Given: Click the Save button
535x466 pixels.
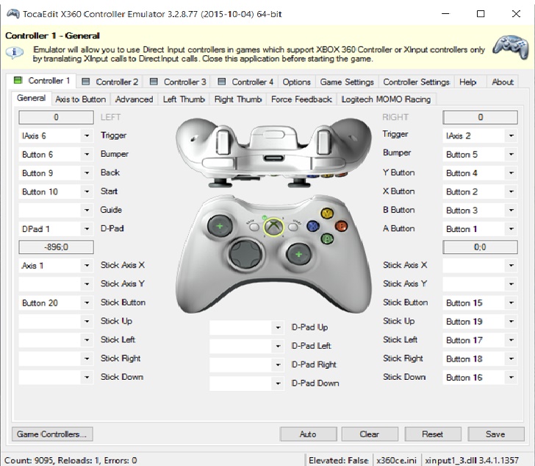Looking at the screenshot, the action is [495, 434].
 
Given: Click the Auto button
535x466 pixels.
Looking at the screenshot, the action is [308, 434].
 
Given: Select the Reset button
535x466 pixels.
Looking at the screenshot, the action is [433, 434].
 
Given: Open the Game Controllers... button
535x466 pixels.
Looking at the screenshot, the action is [52, 434].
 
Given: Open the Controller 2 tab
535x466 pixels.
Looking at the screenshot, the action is [110, 82].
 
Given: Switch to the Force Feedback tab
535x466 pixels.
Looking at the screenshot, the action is [301, 99].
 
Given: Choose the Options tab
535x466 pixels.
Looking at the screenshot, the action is [296, 82].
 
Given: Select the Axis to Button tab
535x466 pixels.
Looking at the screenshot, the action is [81, 99].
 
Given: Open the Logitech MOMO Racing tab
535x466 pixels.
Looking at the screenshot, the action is [386, 99].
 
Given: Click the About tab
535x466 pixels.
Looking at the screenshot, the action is [503, 82].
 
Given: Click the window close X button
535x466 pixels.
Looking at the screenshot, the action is [516, 14].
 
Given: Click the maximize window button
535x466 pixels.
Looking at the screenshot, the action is [481, 14].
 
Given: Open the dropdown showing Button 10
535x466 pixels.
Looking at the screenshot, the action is [56, 191].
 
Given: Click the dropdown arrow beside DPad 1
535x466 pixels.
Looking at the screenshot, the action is [87, 229].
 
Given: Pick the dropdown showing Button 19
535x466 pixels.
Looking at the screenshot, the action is [480, 322].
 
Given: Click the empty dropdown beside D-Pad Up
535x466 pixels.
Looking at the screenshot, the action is [247, 328].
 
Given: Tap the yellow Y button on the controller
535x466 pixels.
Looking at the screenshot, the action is [327, 213].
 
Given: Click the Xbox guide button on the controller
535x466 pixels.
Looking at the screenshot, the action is [273, 226].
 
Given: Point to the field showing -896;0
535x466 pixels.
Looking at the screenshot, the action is [56, 247].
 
